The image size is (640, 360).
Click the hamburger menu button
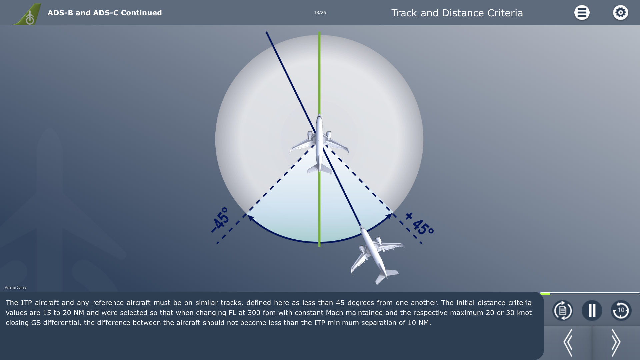[x=582, y=13]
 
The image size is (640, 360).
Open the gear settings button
[x=620, y=13]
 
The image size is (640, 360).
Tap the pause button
[x=592, y=310]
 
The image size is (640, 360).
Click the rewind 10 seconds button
[x=621, y=310]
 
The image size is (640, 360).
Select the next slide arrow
[x=616, y=343]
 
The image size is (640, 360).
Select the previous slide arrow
[x=568, y=343]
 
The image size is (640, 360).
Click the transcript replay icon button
[x=563, y=310]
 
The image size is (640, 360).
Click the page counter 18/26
[x=320, y=13]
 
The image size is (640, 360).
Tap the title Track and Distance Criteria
[x=457, y=13]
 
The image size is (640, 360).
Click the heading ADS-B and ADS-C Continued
[x=105, y=13]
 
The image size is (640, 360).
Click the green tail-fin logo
[x=27, y=14]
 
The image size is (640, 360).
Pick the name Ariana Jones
[x=16, y=287]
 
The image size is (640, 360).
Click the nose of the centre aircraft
[x=319, y=115]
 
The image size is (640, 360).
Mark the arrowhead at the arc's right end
[x=389, y=217]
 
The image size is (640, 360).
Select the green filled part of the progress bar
[x=545, y=293]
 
